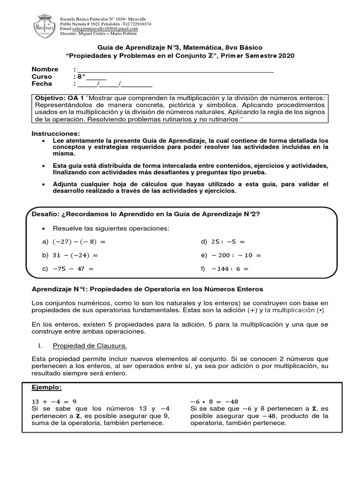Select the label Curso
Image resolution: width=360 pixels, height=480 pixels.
tap(42, 77)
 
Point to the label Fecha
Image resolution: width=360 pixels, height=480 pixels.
tap(42, 84)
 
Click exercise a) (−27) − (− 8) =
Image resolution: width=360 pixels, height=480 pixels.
tap(74, 242)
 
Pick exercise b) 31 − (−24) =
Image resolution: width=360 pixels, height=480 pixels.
tap(70, 255)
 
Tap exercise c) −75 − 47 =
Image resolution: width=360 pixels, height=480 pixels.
tap(68, 269)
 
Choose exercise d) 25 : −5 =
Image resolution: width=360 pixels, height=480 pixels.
tap(223, 242)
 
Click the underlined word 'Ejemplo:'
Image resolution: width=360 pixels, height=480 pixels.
tap(46, 388)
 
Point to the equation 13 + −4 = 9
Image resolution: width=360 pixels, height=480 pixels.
tap(54, 402)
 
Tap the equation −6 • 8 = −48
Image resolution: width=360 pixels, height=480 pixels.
tap(214, 402)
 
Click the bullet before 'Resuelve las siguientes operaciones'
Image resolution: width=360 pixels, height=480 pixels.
tap(44, 228)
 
